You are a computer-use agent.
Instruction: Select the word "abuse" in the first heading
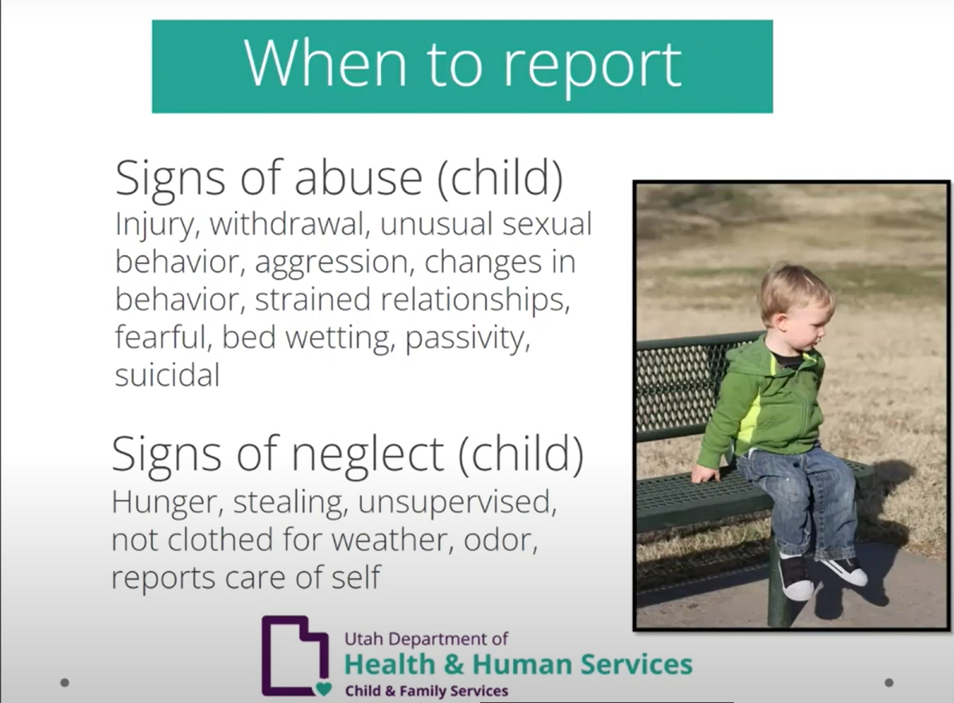[358, 178]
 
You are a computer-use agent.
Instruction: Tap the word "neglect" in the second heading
[367, 453]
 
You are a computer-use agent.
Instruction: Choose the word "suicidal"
[166, 375]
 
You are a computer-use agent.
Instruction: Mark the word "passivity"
[467, 338]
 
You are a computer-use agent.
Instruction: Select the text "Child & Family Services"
[426, 690]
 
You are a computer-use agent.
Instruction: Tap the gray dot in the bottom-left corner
[65, 682]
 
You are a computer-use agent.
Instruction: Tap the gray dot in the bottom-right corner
[888, 682]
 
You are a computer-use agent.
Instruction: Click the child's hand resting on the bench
[705, 474]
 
